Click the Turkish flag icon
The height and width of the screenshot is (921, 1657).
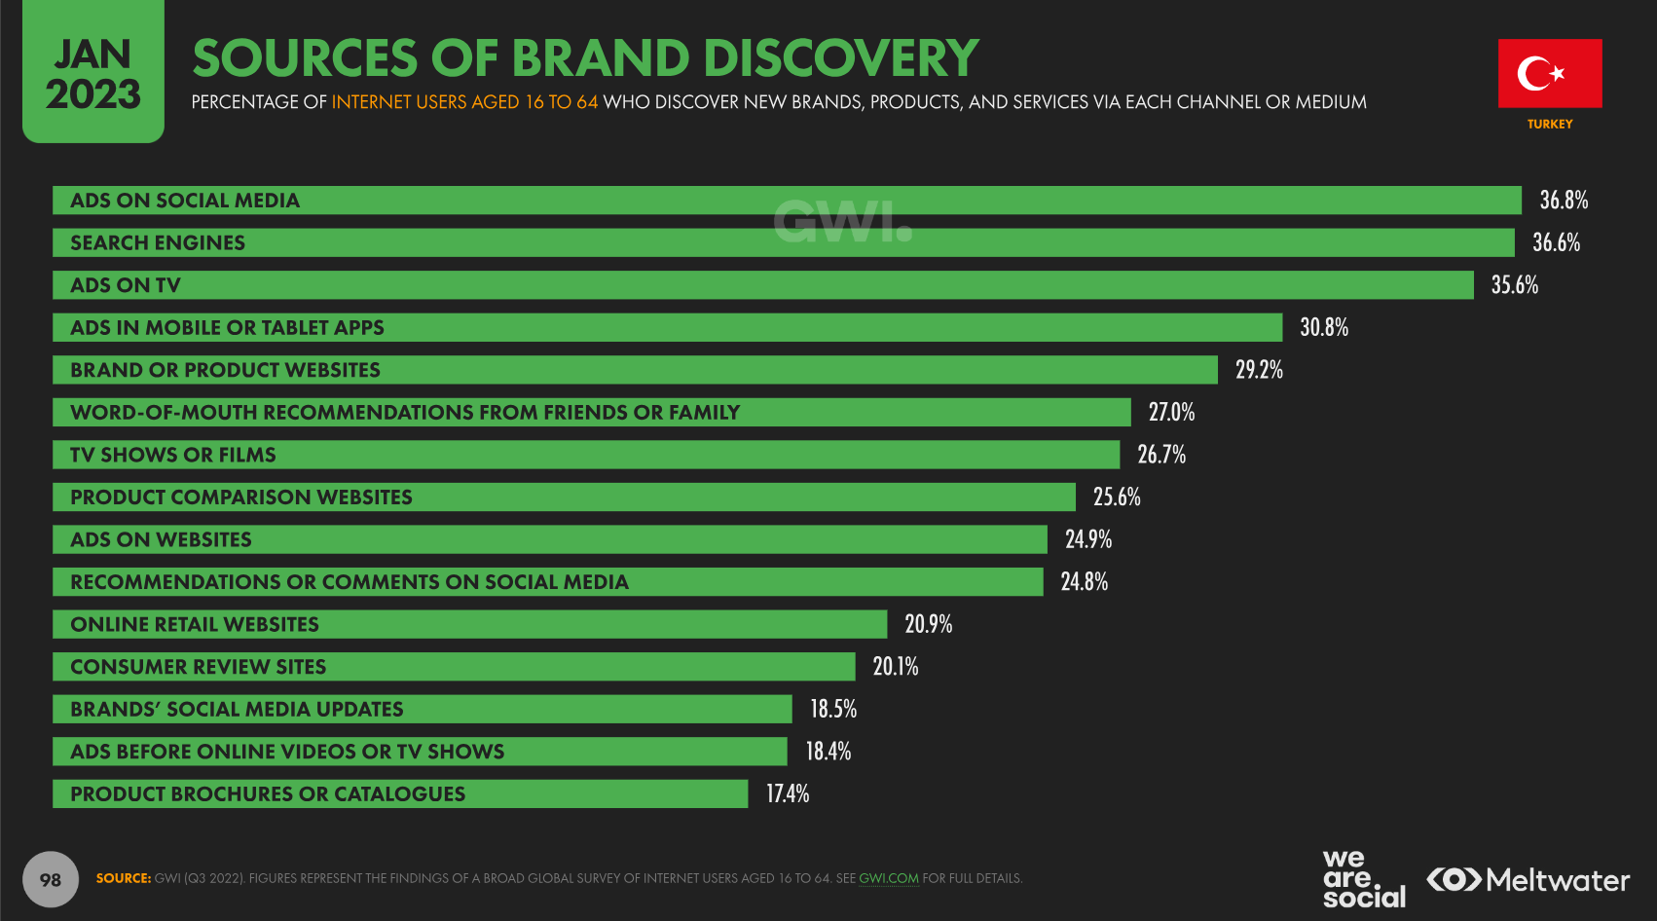[1549, 73]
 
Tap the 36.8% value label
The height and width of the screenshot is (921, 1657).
[1564, 201]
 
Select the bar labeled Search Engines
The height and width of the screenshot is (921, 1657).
[783, 242]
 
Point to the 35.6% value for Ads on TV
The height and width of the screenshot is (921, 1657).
[1514, 285]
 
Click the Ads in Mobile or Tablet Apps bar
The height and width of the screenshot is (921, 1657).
[667, 328]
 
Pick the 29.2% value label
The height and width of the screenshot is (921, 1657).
[1259, 370]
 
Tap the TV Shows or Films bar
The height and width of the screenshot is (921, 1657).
[585, 455]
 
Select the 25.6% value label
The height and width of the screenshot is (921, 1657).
[1117, 497]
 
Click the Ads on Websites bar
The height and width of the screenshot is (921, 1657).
[549, 539]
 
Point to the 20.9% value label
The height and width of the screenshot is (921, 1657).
[928, 624]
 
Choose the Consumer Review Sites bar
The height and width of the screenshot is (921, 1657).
[454, 667]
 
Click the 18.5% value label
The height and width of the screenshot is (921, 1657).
[833, 709]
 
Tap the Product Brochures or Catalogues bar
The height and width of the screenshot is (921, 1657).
[399, 794]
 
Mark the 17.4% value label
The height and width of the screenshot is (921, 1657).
[788, 794]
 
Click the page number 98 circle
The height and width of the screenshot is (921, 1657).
[51, 880]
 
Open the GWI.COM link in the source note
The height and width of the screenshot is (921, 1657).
[888, 878]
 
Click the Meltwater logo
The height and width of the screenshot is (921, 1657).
[1528, 880]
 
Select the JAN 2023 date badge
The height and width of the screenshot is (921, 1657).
[93, 73]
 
